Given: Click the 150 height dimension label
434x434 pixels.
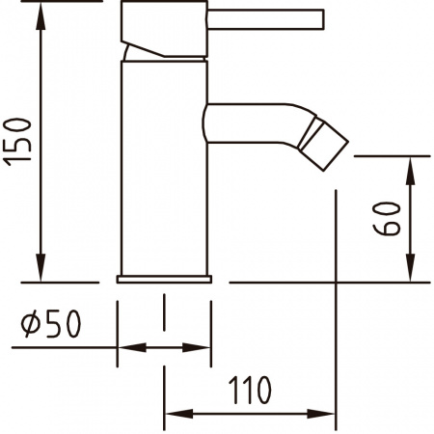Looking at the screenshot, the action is point(18,142).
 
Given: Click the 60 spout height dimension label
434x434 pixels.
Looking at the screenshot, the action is point(387,219).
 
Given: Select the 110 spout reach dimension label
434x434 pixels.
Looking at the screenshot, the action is point(250,391).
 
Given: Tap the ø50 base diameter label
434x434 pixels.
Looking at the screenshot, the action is point(51,324).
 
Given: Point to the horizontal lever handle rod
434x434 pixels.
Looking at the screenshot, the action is point(265,19).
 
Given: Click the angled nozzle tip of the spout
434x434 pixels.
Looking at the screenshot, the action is point(323,144).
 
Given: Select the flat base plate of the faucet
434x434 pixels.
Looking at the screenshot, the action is point(164,279).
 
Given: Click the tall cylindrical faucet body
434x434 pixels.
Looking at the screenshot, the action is point(164,168).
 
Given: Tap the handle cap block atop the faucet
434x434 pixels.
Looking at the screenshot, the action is point(164,29).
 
